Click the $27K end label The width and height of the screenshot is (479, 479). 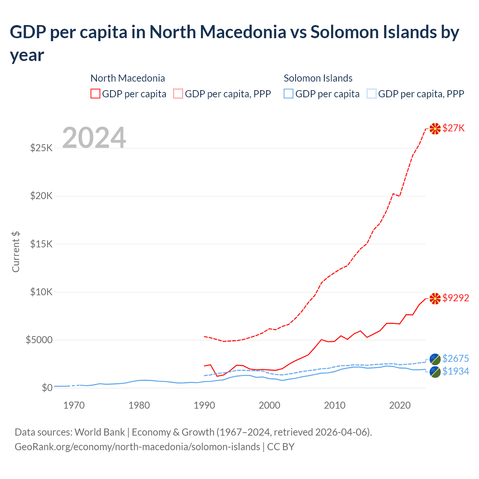[453, 128]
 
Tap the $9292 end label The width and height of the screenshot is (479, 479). [455, 298]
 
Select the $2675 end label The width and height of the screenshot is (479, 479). [455, 359]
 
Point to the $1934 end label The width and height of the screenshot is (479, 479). [455, 372]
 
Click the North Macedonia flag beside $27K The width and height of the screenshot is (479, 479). [435, 129]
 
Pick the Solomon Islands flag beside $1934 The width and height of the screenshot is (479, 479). [435, 372]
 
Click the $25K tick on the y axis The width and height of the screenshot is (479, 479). [42, 148]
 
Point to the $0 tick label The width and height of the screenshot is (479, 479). [47, 388]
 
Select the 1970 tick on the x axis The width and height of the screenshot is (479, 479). [74, 405]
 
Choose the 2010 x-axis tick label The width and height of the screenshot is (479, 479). [335, 405]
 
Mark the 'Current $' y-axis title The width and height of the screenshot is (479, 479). [16, 252]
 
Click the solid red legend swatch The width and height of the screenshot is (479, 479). [95, 94]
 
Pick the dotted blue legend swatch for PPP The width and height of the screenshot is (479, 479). [372, 94]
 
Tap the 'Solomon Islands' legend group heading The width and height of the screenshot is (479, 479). [318, 78]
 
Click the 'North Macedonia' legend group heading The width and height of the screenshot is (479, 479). [128, 78]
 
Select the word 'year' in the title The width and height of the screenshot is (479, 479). [27, 56]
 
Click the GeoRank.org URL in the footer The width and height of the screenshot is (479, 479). [137, 447]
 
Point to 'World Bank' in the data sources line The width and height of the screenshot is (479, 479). [100, 432]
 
